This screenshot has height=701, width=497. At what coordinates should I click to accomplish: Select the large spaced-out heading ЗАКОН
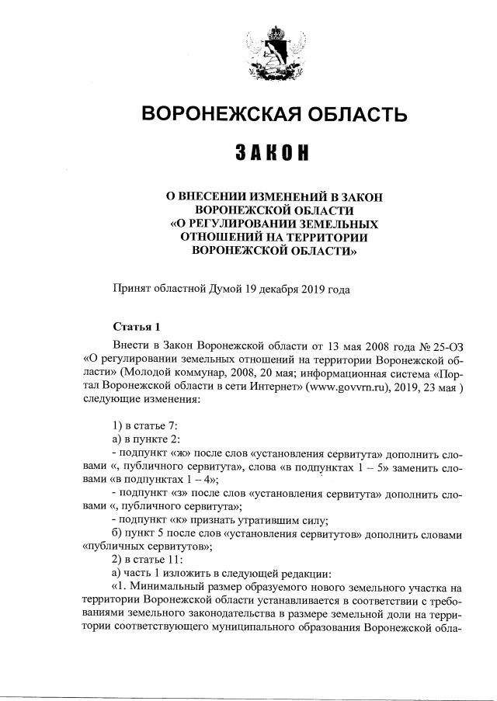[x=273, y=153]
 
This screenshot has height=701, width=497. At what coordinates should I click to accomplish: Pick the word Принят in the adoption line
[x=130, y=290]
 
